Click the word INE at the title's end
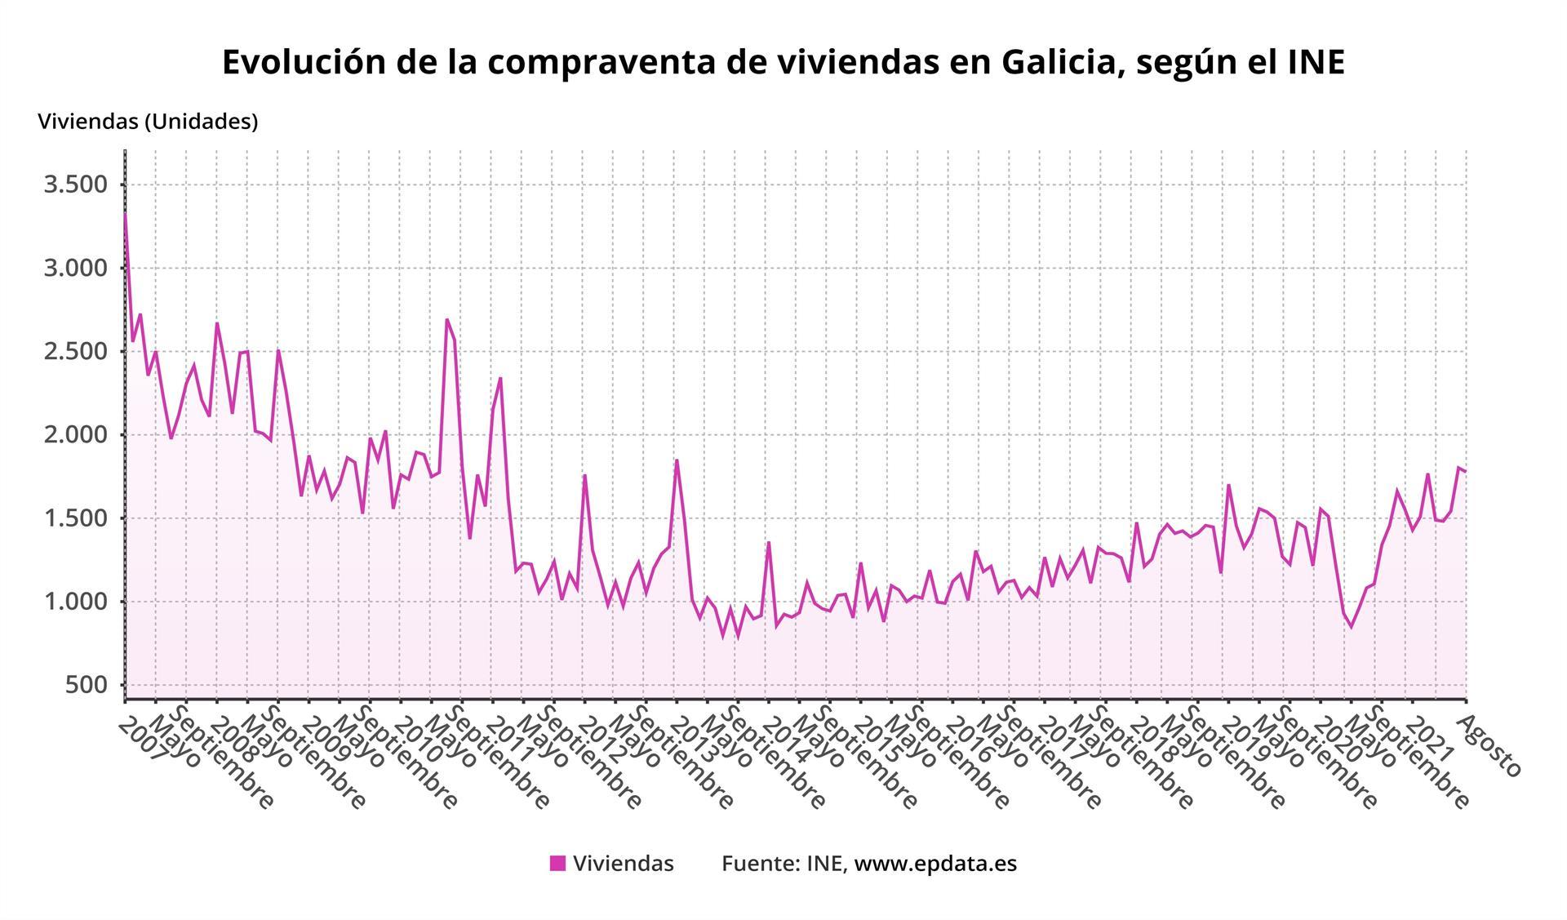coord(1313,63)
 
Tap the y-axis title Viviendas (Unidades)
coord(148,122)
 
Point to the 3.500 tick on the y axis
coord(75,184)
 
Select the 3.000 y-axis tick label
coord(75,268)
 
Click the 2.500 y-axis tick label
coord(75,352)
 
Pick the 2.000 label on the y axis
coord(75,435)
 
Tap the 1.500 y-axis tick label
coord(75,518)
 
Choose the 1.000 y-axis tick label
coord(75,602)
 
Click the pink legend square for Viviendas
coord(557,864)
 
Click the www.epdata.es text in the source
coord(935,864)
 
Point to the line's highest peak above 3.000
coord(125,214)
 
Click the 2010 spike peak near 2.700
coord(447,319)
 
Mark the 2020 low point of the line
coord(1351,627)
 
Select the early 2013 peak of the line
coord(677,460)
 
